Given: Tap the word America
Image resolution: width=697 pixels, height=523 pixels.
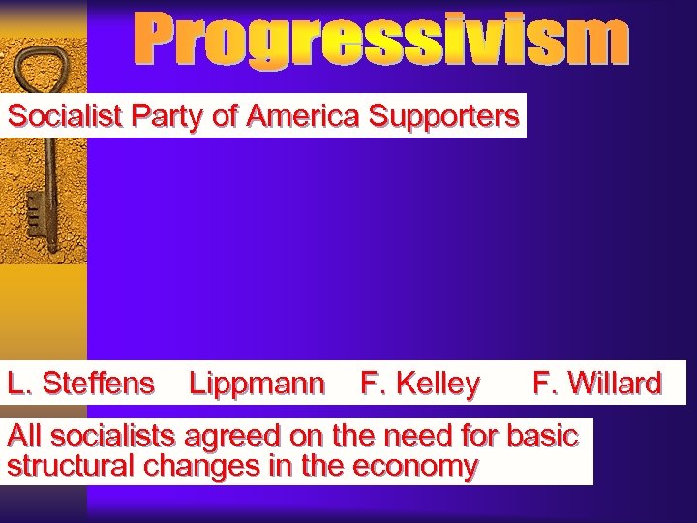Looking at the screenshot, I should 303,116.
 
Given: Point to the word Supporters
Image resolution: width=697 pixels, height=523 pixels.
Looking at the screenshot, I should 444,117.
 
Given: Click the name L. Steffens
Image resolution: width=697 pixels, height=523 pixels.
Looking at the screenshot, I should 80,384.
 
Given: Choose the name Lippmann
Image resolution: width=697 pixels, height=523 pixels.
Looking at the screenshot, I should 257,384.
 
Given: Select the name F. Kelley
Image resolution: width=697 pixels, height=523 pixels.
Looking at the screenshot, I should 419,384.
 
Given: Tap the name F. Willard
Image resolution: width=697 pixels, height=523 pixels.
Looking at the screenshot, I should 597,384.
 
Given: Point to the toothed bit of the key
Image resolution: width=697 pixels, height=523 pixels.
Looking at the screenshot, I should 36,207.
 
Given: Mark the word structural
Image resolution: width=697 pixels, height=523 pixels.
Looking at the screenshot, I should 71,466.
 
